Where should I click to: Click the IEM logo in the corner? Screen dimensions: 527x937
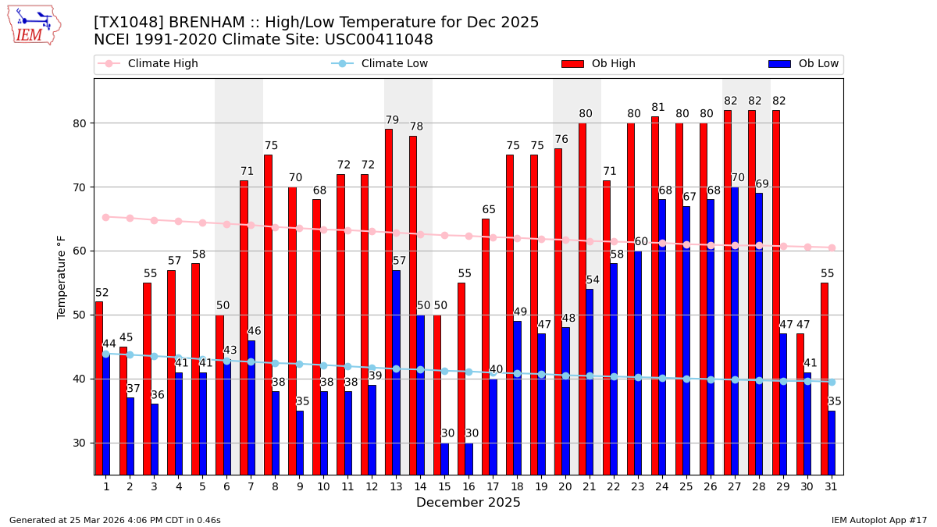[x=34, y=25]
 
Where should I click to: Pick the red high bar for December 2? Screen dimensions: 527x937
[x=123, y=411]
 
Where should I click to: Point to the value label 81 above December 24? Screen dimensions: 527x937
[x=658, y=108]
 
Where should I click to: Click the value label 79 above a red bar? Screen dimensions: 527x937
[x=392, y=120]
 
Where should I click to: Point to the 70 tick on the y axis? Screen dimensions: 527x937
[x=80, y=187]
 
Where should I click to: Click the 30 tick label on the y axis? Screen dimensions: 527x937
[x=80, y=443]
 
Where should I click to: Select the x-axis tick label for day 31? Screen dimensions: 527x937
[x=831, y=486]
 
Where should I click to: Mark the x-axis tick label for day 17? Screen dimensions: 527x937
[x=493, y=486]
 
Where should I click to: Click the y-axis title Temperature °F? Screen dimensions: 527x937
[x=62, y=276]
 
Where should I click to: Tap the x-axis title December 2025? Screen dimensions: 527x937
[x=468, y=503]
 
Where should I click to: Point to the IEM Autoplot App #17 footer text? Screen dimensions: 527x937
[x=878, y=520]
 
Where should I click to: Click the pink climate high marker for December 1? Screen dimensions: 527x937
[x=106, y=217]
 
